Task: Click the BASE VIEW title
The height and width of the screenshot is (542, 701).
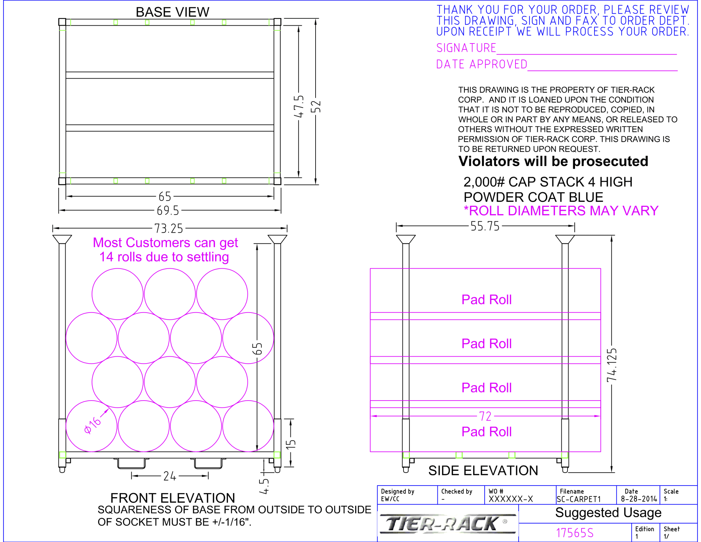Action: (x=172, y=12)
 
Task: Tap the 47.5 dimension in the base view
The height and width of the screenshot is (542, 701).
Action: (x=299, y=106)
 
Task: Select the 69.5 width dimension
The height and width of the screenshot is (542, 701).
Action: (x=168, y=211)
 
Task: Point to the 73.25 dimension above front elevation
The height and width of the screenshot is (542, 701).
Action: (x=168, y=228)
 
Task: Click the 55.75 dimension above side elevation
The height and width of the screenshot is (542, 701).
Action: (x=485, y=226)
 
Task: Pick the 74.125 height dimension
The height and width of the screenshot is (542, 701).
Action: (x=612, y=365)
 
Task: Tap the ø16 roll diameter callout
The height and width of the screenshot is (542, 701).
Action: (x=93, y=426)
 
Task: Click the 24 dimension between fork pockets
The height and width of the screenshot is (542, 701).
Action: (x=169, y=476)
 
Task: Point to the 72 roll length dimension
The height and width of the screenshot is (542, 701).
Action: (x=485, y=416)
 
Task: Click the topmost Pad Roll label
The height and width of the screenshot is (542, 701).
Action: (x=486, y=300)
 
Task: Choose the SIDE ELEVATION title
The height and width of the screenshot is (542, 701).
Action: (x=483, y=471)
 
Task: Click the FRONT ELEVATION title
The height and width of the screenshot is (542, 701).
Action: (x=173, y=498)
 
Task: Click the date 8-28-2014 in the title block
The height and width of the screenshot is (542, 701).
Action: (x=639, y=499)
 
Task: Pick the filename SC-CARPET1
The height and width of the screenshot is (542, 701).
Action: (x=578, y=499)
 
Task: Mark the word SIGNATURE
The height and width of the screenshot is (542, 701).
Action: (x=466, y=48)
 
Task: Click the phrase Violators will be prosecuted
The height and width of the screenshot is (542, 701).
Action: (x=553, y=161)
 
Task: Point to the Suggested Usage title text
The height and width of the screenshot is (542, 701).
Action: (x=608, y=513)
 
